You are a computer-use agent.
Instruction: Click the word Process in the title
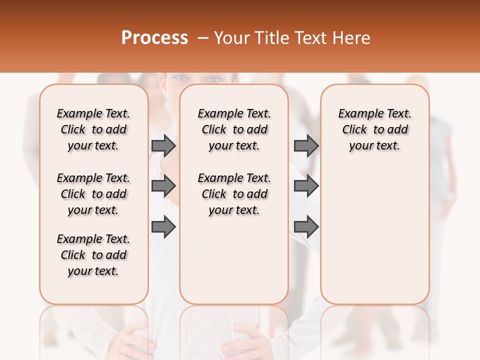coord(154,38)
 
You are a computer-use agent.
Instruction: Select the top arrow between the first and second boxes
coord(163,145)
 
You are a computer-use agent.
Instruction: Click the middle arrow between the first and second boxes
coord(163,186)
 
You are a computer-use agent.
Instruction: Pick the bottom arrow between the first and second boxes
coord(163,227)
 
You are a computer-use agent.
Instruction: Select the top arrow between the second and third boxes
coord(306,145)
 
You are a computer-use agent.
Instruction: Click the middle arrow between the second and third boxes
coord(306,186)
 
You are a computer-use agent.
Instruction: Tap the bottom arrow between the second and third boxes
coord(306,227)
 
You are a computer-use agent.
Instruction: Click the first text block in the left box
coord(93,129)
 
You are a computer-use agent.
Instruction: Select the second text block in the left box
coord(93,194)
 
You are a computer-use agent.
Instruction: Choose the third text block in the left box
coord(93,255)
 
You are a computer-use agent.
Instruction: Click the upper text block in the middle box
coord(234,129)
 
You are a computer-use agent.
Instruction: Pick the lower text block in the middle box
coord(234,194)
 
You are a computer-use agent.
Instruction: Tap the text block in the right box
coord(375,129)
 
